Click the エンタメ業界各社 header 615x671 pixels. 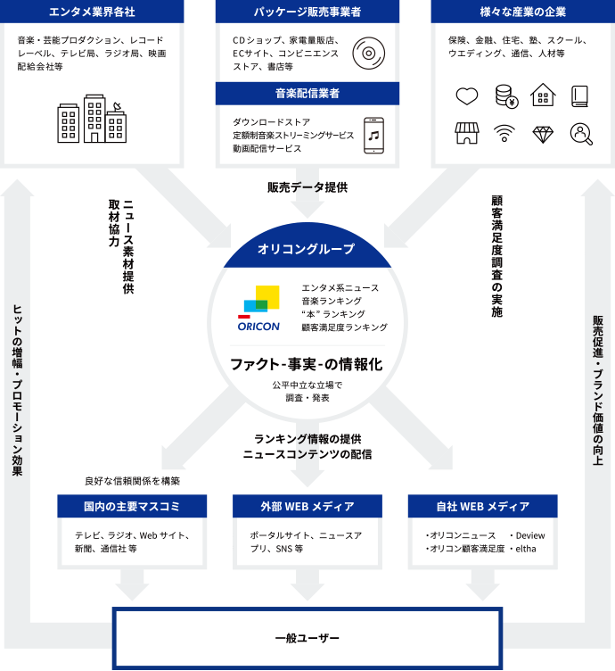(92, 12)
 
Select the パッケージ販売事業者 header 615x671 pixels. (307, 12)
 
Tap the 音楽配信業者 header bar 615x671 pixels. (307, 93)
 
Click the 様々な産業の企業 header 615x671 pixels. (523, 12)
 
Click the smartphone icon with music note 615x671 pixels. (373, 136)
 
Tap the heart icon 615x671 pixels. (466, 95)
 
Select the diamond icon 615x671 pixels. (544, 134)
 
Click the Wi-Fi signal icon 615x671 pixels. (504, 134)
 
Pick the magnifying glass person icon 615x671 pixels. (582, 134)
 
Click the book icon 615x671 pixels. (582, 95)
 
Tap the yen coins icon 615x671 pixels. (504, 95)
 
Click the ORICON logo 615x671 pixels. (258, 309)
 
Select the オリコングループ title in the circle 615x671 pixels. (306, 250)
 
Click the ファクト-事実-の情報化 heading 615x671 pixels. (306, 364)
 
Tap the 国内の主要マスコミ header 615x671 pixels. (132, 507)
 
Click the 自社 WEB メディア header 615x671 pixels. (482, 507)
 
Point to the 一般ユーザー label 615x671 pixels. (307, 639)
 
